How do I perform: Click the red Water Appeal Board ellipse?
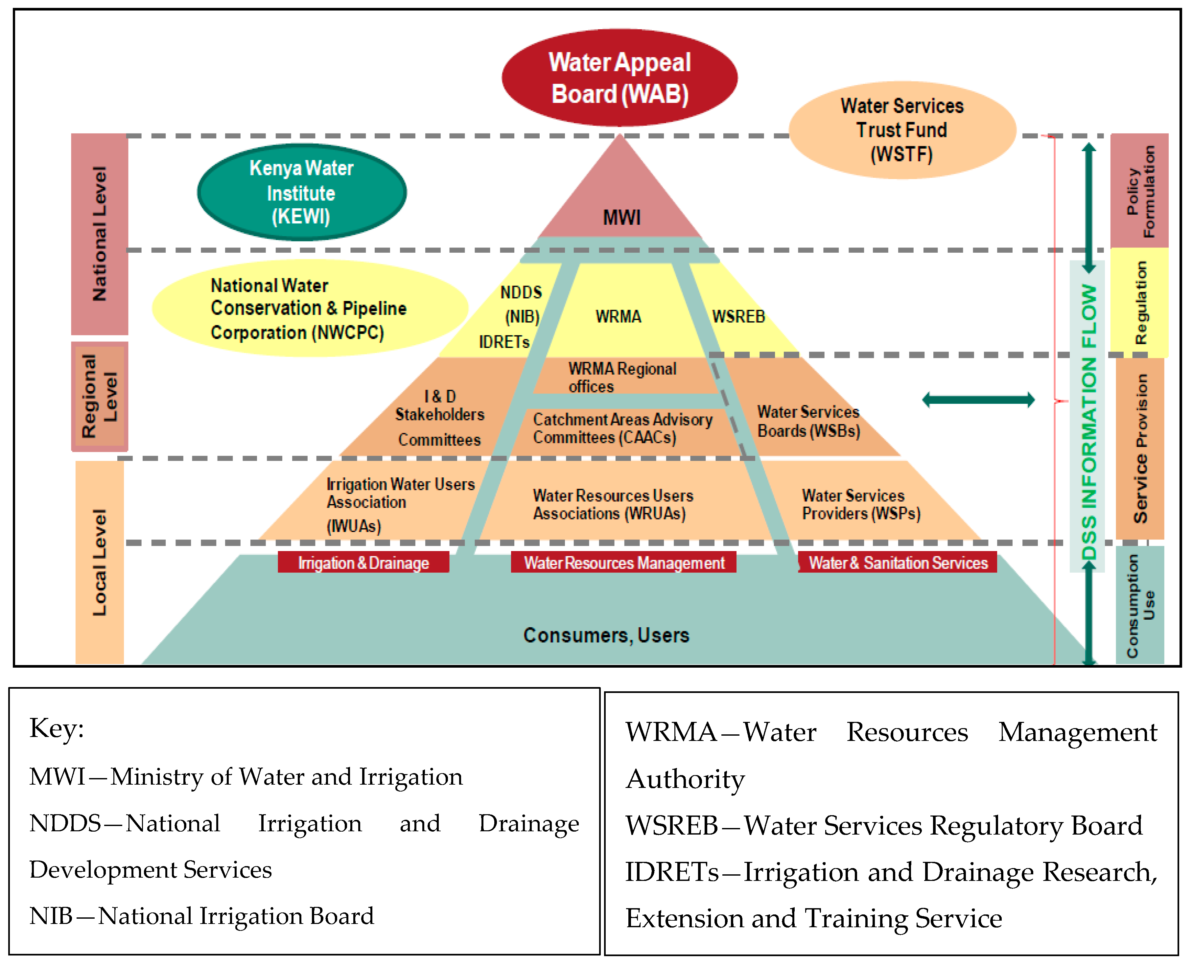[619, 78]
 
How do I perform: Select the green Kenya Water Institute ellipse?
[302, 192]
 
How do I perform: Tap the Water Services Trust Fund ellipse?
[901, 130]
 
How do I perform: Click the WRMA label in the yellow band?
[618, 317]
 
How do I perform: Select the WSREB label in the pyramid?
[738, 317]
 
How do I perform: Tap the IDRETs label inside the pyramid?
[504, 342]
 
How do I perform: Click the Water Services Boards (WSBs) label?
[808, 421]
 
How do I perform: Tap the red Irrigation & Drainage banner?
[363, 563]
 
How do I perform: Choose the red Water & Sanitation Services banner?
[898, 563]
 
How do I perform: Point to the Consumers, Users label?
[606, 635]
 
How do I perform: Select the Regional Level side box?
[100, 396]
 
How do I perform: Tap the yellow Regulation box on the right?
[1138, 303]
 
